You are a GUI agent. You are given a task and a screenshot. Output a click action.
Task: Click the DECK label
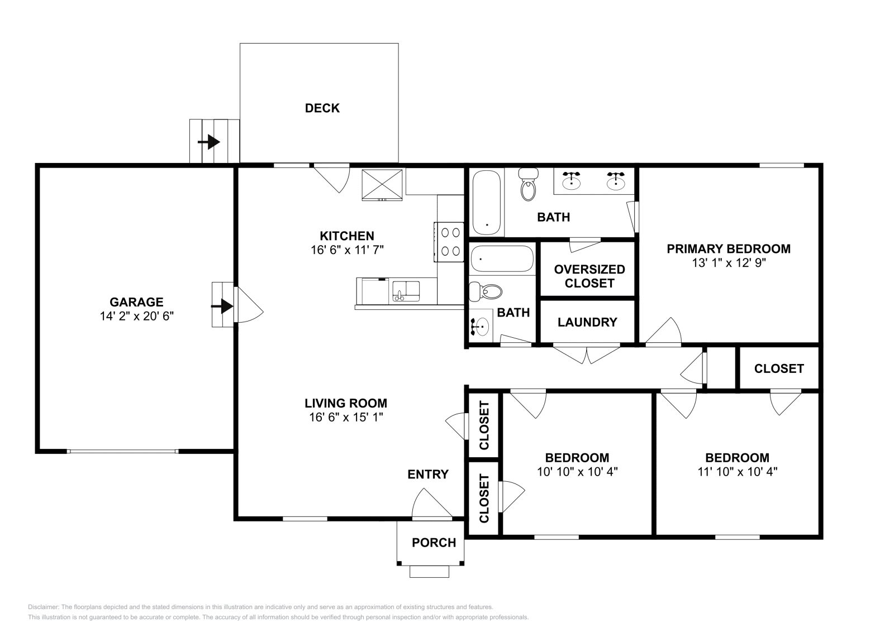point(322,108)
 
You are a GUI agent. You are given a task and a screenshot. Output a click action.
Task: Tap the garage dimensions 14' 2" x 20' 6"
point(136,316)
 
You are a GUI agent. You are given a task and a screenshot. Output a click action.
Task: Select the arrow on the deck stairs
point(209,142)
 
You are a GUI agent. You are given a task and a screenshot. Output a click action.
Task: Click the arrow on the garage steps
point(222,307)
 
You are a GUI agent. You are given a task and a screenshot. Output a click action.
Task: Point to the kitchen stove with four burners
point(449,242)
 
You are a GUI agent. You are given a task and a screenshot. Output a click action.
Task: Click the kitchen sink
point(406,291)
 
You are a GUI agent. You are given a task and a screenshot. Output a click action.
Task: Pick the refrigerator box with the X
point(382,185)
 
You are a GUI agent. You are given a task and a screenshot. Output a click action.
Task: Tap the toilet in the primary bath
point(529,184)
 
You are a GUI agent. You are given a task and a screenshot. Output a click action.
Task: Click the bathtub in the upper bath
point(487,203)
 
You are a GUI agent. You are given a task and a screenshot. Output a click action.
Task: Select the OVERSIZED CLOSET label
point(589,276)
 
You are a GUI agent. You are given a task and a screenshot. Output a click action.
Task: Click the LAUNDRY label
point(587,322)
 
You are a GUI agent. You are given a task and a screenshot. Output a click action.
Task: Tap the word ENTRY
point(428,474)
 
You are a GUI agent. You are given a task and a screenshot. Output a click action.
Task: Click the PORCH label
point(434,543)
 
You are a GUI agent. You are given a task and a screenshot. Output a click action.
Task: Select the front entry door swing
point(432,503)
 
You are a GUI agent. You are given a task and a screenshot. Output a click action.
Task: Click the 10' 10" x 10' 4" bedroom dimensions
point(577,472)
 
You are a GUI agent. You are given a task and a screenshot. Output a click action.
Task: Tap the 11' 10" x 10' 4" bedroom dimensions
point(737,472)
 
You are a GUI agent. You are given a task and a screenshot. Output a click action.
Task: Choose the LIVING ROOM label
point(346,403)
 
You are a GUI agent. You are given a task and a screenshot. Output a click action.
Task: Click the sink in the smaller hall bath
point(481,327)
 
